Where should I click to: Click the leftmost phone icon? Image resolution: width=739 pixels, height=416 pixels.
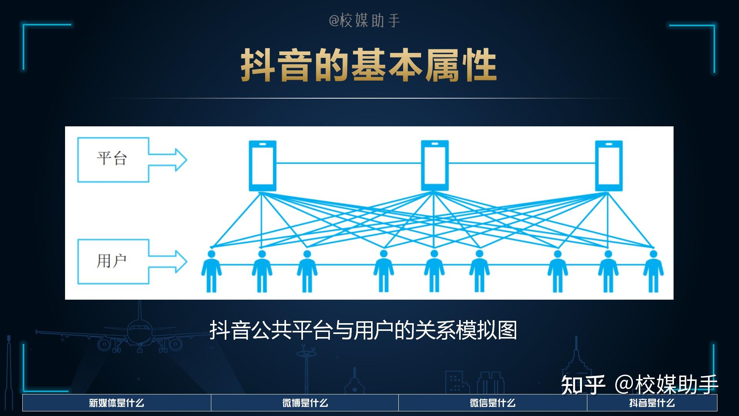262,166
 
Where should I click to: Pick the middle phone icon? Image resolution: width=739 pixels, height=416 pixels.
435,166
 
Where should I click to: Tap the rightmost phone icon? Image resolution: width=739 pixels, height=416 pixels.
609,166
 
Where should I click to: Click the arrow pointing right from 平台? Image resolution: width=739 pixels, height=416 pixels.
169,159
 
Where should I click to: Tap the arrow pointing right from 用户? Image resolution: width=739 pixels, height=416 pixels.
169,262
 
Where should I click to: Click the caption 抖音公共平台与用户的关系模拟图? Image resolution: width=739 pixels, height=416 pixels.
363,330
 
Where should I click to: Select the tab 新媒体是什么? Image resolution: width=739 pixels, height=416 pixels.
117,403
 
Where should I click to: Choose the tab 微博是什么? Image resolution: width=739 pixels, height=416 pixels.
305,403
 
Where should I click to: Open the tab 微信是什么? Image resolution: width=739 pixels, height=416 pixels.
492,403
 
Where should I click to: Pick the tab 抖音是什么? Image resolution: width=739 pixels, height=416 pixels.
652,403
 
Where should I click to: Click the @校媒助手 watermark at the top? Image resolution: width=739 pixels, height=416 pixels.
364,20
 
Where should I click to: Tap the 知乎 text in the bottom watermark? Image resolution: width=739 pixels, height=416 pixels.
583,384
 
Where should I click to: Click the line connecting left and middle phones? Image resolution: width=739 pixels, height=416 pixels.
348,163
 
